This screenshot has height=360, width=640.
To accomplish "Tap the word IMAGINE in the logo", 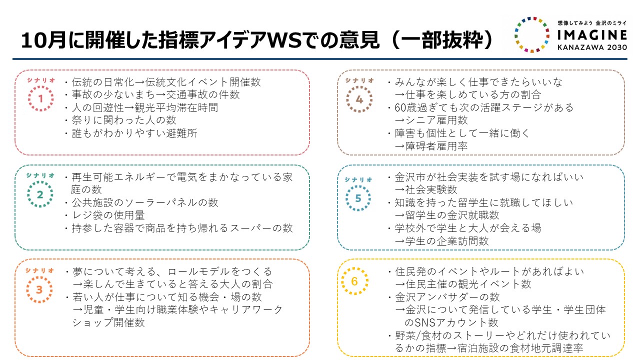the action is point(592,35).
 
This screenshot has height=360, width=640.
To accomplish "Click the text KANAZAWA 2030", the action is point(592,47).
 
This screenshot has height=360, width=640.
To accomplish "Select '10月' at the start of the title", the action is point(44,40).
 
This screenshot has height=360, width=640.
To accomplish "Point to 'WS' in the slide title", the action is point(285,40).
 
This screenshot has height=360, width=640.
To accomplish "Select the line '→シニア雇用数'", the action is point(431,120).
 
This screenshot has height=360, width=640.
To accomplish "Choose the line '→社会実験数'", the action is point(426,189).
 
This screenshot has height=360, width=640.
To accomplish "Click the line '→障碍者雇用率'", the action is point(431,146).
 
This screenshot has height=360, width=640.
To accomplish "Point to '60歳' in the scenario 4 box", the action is point(405,107).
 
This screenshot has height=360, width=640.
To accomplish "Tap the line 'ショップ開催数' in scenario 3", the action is point(108,322).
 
